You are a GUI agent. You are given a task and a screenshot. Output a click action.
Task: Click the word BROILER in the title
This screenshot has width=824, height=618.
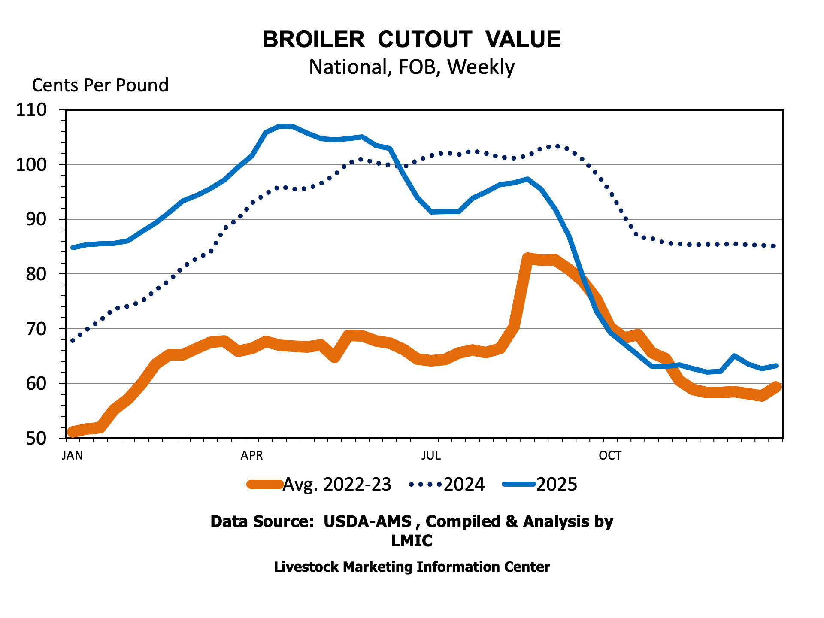(313, 39)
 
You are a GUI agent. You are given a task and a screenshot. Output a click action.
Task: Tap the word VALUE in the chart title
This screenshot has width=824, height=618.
(523, 39)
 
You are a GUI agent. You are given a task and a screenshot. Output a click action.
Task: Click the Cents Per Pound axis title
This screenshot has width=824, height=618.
(100, 85)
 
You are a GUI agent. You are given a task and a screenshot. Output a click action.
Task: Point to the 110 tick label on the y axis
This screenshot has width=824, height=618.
(31, 110)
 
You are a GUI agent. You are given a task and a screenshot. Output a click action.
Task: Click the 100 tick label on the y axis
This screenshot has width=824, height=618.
(31, 165)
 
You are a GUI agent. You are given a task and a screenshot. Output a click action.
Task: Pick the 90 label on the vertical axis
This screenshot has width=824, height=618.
(36, 219)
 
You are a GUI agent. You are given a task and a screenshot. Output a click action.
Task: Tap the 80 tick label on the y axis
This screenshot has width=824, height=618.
(36, 274)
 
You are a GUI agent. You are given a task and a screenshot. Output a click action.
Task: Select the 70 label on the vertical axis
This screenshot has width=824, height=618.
(36, 329)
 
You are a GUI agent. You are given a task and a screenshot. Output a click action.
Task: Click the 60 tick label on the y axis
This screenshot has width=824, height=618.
(36, 383)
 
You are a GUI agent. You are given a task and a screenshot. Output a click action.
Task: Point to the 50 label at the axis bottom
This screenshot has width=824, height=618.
(36, 438)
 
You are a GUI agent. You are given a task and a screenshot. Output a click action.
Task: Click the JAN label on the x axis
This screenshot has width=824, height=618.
(72, 455)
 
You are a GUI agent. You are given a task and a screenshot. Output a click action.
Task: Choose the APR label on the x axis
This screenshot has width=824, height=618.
(251, 455)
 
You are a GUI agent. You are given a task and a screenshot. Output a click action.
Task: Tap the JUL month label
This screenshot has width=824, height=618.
(431, 455)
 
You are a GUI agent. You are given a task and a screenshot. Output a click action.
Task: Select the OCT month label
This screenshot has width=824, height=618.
(610, 455)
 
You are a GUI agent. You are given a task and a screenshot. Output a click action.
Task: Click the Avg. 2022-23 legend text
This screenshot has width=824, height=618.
(337, 485)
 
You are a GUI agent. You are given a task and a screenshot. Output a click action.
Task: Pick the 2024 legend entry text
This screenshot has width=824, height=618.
(464, 485)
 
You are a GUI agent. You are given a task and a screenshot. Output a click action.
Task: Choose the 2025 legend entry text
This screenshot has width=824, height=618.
(557, 485)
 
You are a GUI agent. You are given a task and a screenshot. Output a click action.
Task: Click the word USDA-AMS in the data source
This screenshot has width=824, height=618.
(367, 521)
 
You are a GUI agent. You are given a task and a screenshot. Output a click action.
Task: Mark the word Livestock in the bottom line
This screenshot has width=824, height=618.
(306, 567)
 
